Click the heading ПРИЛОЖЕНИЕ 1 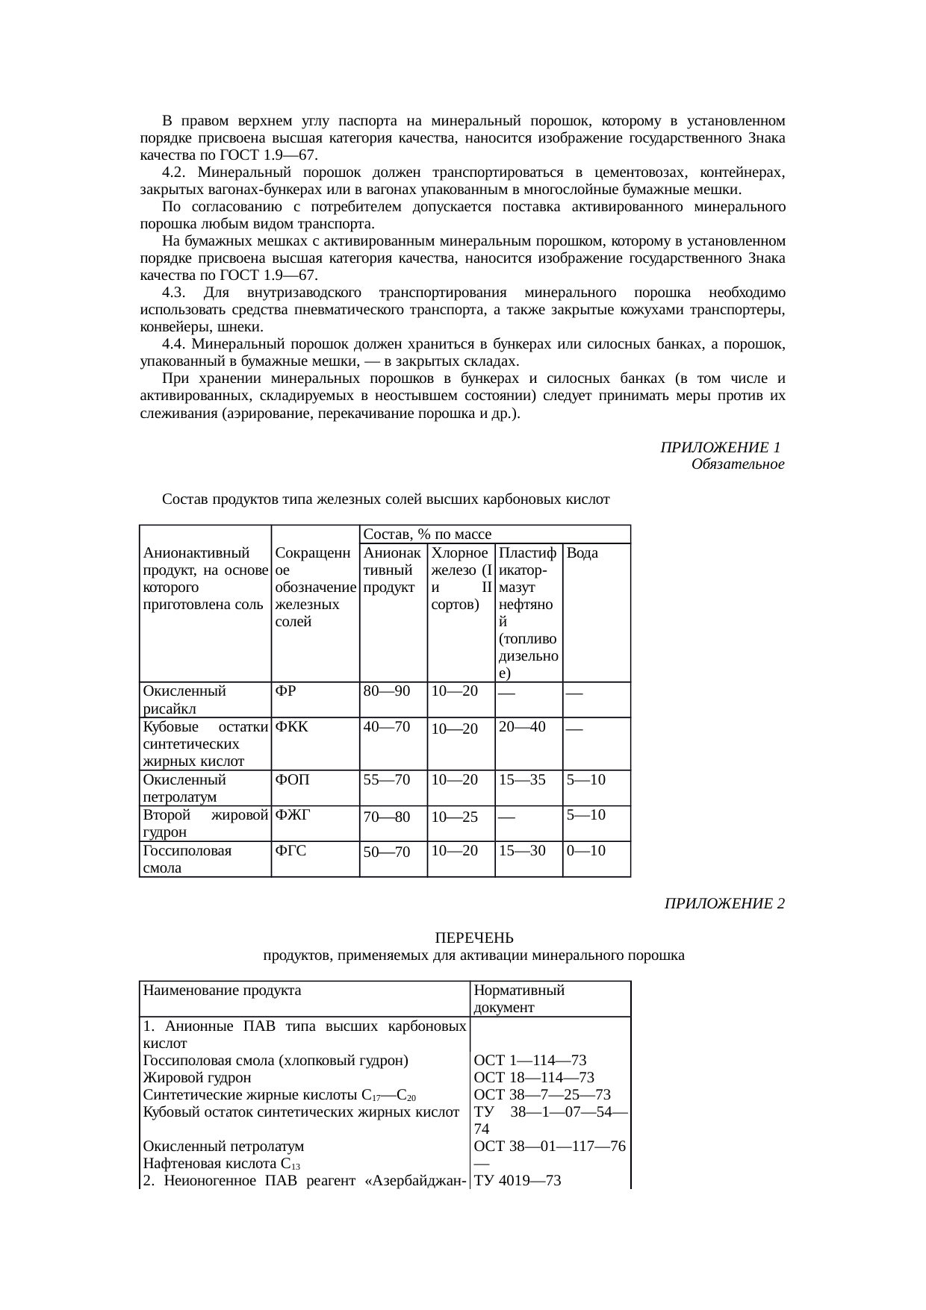[x=720, y=448]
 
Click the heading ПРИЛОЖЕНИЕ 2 [x=724, y=904]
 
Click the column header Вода [x=582, y=553]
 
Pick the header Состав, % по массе [x=426, y=534]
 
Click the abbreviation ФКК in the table [x=292, y=727]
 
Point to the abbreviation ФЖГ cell [x=292, y=815]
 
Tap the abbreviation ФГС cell [x=290, y=851]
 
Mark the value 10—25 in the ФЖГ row [x=454, y=817]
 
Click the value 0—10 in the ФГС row [x=585, y=851]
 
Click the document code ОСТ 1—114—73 [x=529, y=1061]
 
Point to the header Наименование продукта [x=222, y=991]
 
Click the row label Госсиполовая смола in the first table [x=187, y=859]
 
